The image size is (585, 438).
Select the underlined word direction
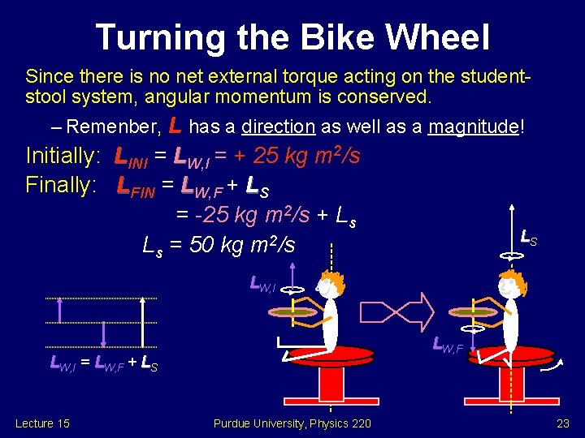(x=278, y=127)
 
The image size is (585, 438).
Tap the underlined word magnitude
(x=474, y=127)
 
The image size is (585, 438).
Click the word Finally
(x=59, y=185)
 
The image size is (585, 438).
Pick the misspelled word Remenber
(x=113, y=127)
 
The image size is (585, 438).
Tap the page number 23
(x=563, y=423)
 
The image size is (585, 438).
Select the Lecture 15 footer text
(x=42, y=423)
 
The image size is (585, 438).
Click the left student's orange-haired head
(x=327, y=286)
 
